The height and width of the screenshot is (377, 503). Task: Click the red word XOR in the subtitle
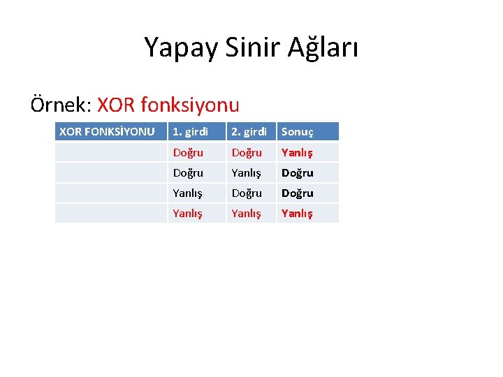tap(117, 105)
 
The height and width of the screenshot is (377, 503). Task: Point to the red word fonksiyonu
tap(190, 105)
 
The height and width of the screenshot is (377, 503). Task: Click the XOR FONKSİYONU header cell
tap(107, 131)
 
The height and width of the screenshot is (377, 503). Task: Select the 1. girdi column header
tap(191, 131)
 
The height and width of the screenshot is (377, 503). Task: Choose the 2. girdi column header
tap(249, 131)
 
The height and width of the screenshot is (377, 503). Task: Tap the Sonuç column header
tap(298, 131)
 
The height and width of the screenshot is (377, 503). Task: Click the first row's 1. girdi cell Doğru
tap(188, 152)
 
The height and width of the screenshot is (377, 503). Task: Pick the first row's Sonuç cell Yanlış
tap(297, 152)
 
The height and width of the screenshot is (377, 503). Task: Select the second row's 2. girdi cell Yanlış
tap(247, 172)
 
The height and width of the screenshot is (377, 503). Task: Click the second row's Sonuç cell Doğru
tap(297, 172)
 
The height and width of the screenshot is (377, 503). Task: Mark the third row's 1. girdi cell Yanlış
tap(188, 193)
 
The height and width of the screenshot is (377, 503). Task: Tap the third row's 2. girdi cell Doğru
tap(247, 193)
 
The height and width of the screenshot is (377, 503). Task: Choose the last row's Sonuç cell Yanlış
tap(297, 214)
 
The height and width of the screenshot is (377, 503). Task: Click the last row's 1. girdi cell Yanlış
tap(188, 214)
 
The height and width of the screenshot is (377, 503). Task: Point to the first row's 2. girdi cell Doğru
tap(247, 152)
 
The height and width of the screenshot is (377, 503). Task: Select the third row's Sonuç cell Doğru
tap(297, 193)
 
